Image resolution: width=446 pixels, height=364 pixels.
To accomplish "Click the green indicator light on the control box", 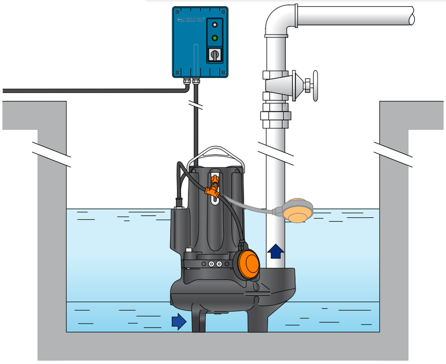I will (214, 37).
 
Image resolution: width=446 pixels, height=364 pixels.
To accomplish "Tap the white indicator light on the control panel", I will (214, 24).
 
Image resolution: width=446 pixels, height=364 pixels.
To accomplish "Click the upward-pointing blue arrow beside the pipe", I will (275, 251).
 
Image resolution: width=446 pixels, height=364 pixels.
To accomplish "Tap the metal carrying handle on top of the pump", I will (218, 153).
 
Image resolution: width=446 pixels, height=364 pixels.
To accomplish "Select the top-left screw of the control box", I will (177, 11).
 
